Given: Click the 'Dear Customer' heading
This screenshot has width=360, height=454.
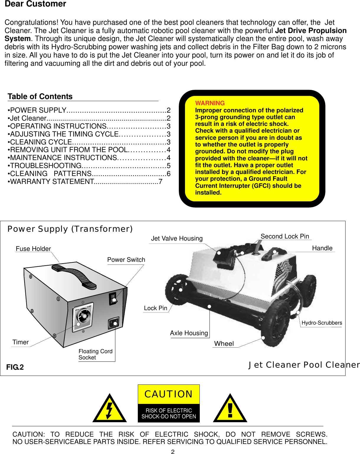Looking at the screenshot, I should click(35, 4).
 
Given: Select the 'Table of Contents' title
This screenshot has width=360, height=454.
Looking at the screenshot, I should click(40, 97).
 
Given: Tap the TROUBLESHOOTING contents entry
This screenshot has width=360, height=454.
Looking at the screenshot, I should click(46, 166).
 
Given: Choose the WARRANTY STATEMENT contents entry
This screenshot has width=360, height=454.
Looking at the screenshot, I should click(52, 182).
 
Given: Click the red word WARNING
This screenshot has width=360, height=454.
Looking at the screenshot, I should click(210, 103).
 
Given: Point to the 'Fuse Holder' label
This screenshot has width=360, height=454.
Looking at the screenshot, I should click(33, 249).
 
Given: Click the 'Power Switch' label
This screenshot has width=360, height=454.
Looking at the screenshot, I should click(126, 260).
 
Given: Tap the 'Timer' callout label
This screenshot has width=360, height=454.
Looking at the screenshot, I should click(20, 342).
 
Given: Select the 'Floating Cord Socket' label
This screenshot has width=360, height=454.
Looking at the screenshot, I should click(95, 354).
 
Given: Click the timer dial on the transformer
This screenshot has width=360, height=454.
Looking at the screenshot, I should click(83, 316).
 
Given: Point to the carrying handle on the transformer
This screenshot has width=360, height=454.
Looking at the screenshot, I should click(74, 276).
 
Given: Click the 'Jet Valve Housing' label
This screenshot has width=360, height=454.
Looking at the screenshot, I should click(177, 238).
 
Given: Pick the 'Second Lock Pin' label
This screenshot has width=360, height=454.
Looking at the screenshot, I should click(285, 236).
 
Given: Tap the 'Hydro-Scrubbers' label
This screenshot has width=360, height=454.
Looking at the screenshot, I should click(322, 323).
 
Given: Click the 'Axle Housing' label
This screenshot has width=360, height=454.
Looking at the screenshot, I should click(189, 333).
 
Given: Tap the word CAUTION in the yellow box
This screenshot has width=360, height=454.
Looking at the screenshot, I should click(168, 394).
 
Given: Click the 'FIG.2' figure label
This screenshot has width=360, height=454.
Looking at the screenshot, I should click(15, 367).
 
